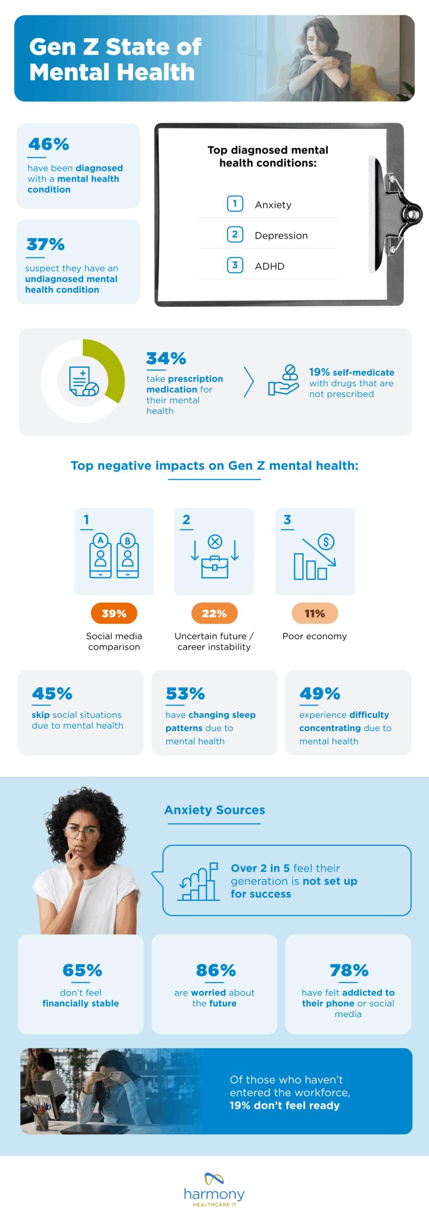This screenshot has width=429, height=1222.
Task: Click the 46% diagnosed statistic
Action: click(x=48, y=144)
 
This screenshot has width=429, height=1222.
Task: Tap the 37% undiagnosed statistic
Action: click(x=45, y=244)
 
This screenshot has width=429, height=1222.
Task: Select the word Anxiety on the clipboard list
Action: click(x=273, y=205)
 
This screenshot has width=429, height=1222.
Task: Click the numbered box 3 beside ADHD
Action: click(x=235, y=265)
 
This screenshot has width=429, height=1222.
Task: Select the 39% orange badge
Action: click(x=114, y=613)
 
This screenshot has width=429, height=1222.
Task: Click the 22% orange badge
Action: click(x=214, y=613)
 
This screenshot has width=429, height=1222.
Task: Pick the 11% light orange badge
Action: click(x=314, y=613)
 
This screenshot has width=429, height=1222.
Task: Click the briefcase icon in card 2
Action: click(x=214, y=567)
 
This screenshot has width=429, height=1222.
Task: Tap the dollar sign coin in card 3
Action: click(x=326, y=542)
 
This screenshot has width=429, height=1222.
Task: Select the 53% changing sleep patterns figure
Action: click(x=185, y=693)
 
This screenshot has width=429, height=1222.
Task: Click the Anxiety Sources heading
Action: click(x=214, y=810)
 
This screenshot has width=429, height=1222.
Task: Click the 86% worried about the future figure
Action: click(x=215, y=970)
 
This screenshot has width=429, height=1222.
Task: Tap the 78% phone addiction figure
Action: click(x=349, y=970)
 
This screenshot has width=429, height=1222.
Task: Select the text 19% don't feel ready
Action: click(x=285, y=1106)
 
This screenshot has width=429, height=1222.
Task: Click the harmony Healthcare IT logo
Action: click(x=214, y=1190)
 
